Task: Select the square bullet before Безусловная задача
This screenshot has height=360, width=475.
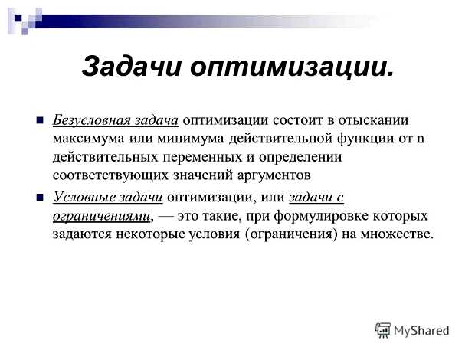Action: point(40,120)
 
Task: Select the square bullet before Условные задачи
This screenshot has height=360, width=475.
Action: point(40,198)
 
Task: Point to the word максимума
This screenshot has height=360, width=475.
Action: point(89,139)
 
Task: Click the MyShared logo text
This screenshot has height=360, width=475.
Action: point(421,331)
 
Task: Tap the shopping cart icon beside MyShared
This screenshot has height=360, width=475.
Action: point(382,330)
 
